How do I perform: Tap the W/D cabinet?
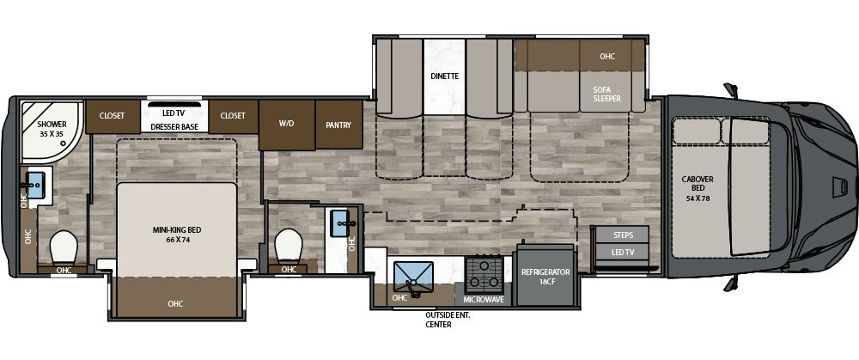click(x=286, y=124)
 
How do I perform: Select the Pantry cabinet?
click(x=338, y=124)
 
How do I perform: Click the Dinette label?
click(x=444, y=76)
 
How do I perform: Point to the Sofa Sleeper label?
click(x=606, y=94)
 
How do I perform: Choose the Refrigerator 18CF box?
click(x=545, y=277)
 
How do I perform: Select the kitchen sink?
click(x=414, y=277)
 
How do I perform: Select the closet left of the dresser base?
click(x=112, y=115)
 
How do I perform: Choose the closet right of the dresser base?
click(x=233, y=115)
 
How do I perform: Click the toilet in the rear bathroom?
click(x=64, y=248)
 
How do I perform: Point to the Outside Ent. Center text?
click(x=447, y=320)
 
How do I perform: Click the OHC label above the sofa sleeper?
click(x=607, y=57)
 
